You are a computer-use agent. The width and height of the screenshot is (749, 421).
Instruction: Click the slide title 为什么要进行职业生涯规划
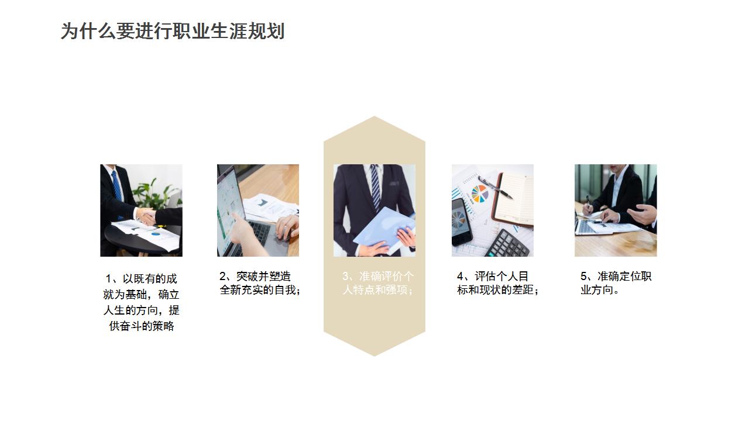[x=173, y=32]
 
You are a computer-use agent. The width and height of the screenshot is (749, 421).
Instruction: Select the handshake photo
[x=141, y=210]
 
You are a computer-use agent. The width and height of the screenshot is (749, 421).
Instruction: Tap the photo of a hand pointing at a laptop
[x=258, y=210]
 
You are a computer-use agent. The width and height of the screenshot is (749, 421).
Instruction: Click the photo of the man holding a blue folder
[x=374, y=210]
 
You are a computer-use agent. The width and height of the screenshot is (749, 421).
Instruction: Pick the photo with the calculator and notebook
[x=492, y=210]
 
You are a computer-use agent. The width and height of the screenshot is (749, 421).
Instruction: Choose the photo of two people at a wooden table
[x=616, y=210]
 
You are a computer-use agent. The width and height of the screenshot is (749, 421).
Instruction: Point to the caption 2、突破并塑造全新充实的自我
[x=259, y=283]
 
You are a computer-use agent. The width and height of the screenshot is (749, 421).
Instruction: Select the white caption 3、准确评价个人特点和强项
[x=377, y=283]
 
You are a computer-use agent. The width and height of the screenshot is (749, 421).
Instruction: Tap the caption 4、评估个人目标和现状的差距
[x=497, y=283]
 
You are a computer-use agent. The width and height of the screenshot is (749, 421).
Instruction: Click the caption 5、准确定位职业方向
[x=616, y=283]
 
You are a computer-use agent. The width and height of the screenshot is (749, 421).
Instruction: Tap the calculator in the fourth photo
[x=507, y=244]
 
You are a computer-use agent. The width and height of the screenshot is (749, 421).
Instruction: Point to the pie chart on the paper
[x=480, y=194]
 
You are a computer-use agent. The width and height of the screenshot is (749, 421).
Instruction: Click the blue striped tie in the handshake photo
[x=117, y=187]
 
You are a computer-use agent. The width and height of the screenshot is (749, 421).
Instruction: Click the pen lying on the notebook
[x=494, y=187]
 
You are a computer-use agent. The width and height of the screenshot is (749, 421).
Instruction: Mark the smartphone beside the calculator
[x=461, y=221]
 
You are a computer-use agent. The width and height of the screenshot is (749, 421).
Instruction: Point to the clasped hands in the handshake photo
[x=146, y=217]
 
